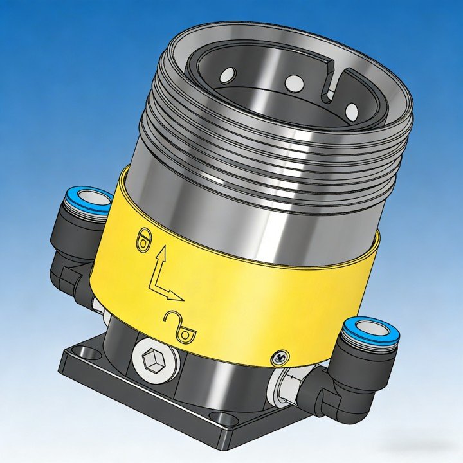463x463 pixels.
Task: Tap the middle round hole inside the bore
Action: [293, 82]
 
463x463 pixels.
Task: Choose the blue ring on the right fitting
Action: [369, 331]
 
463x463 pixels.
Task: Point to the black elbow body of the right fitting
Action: [347, 386]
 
